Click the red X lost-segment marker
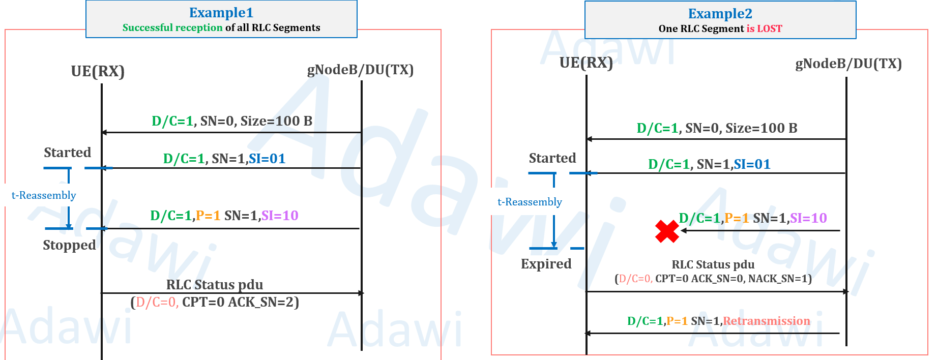coord(667,231)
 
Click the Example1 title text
coord(221,12)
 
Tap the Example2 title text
coord(720,13)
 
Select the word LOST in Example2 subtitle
coord(770,28)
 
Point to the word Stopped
coord(69,245)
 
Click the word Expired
coord(546,264)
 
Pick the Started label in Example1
coord(67,153)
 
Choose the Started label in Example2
coord(552,158)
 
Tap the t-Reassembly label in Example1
coord(44,195)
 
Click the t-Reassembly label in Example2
coord(530,202)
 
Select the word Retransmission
coord(766,321)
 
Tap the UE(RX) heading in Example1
coord(98,71)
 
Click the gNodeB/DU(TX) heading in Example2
coord(848,64)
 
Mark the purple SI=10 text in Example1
coord(280,216)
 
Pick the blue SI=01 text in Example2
coord(752,164)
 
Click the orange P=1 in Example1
coord(208,216)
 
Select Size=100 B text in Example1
coord(276,121)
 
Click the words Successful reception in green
coord(172,27)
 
